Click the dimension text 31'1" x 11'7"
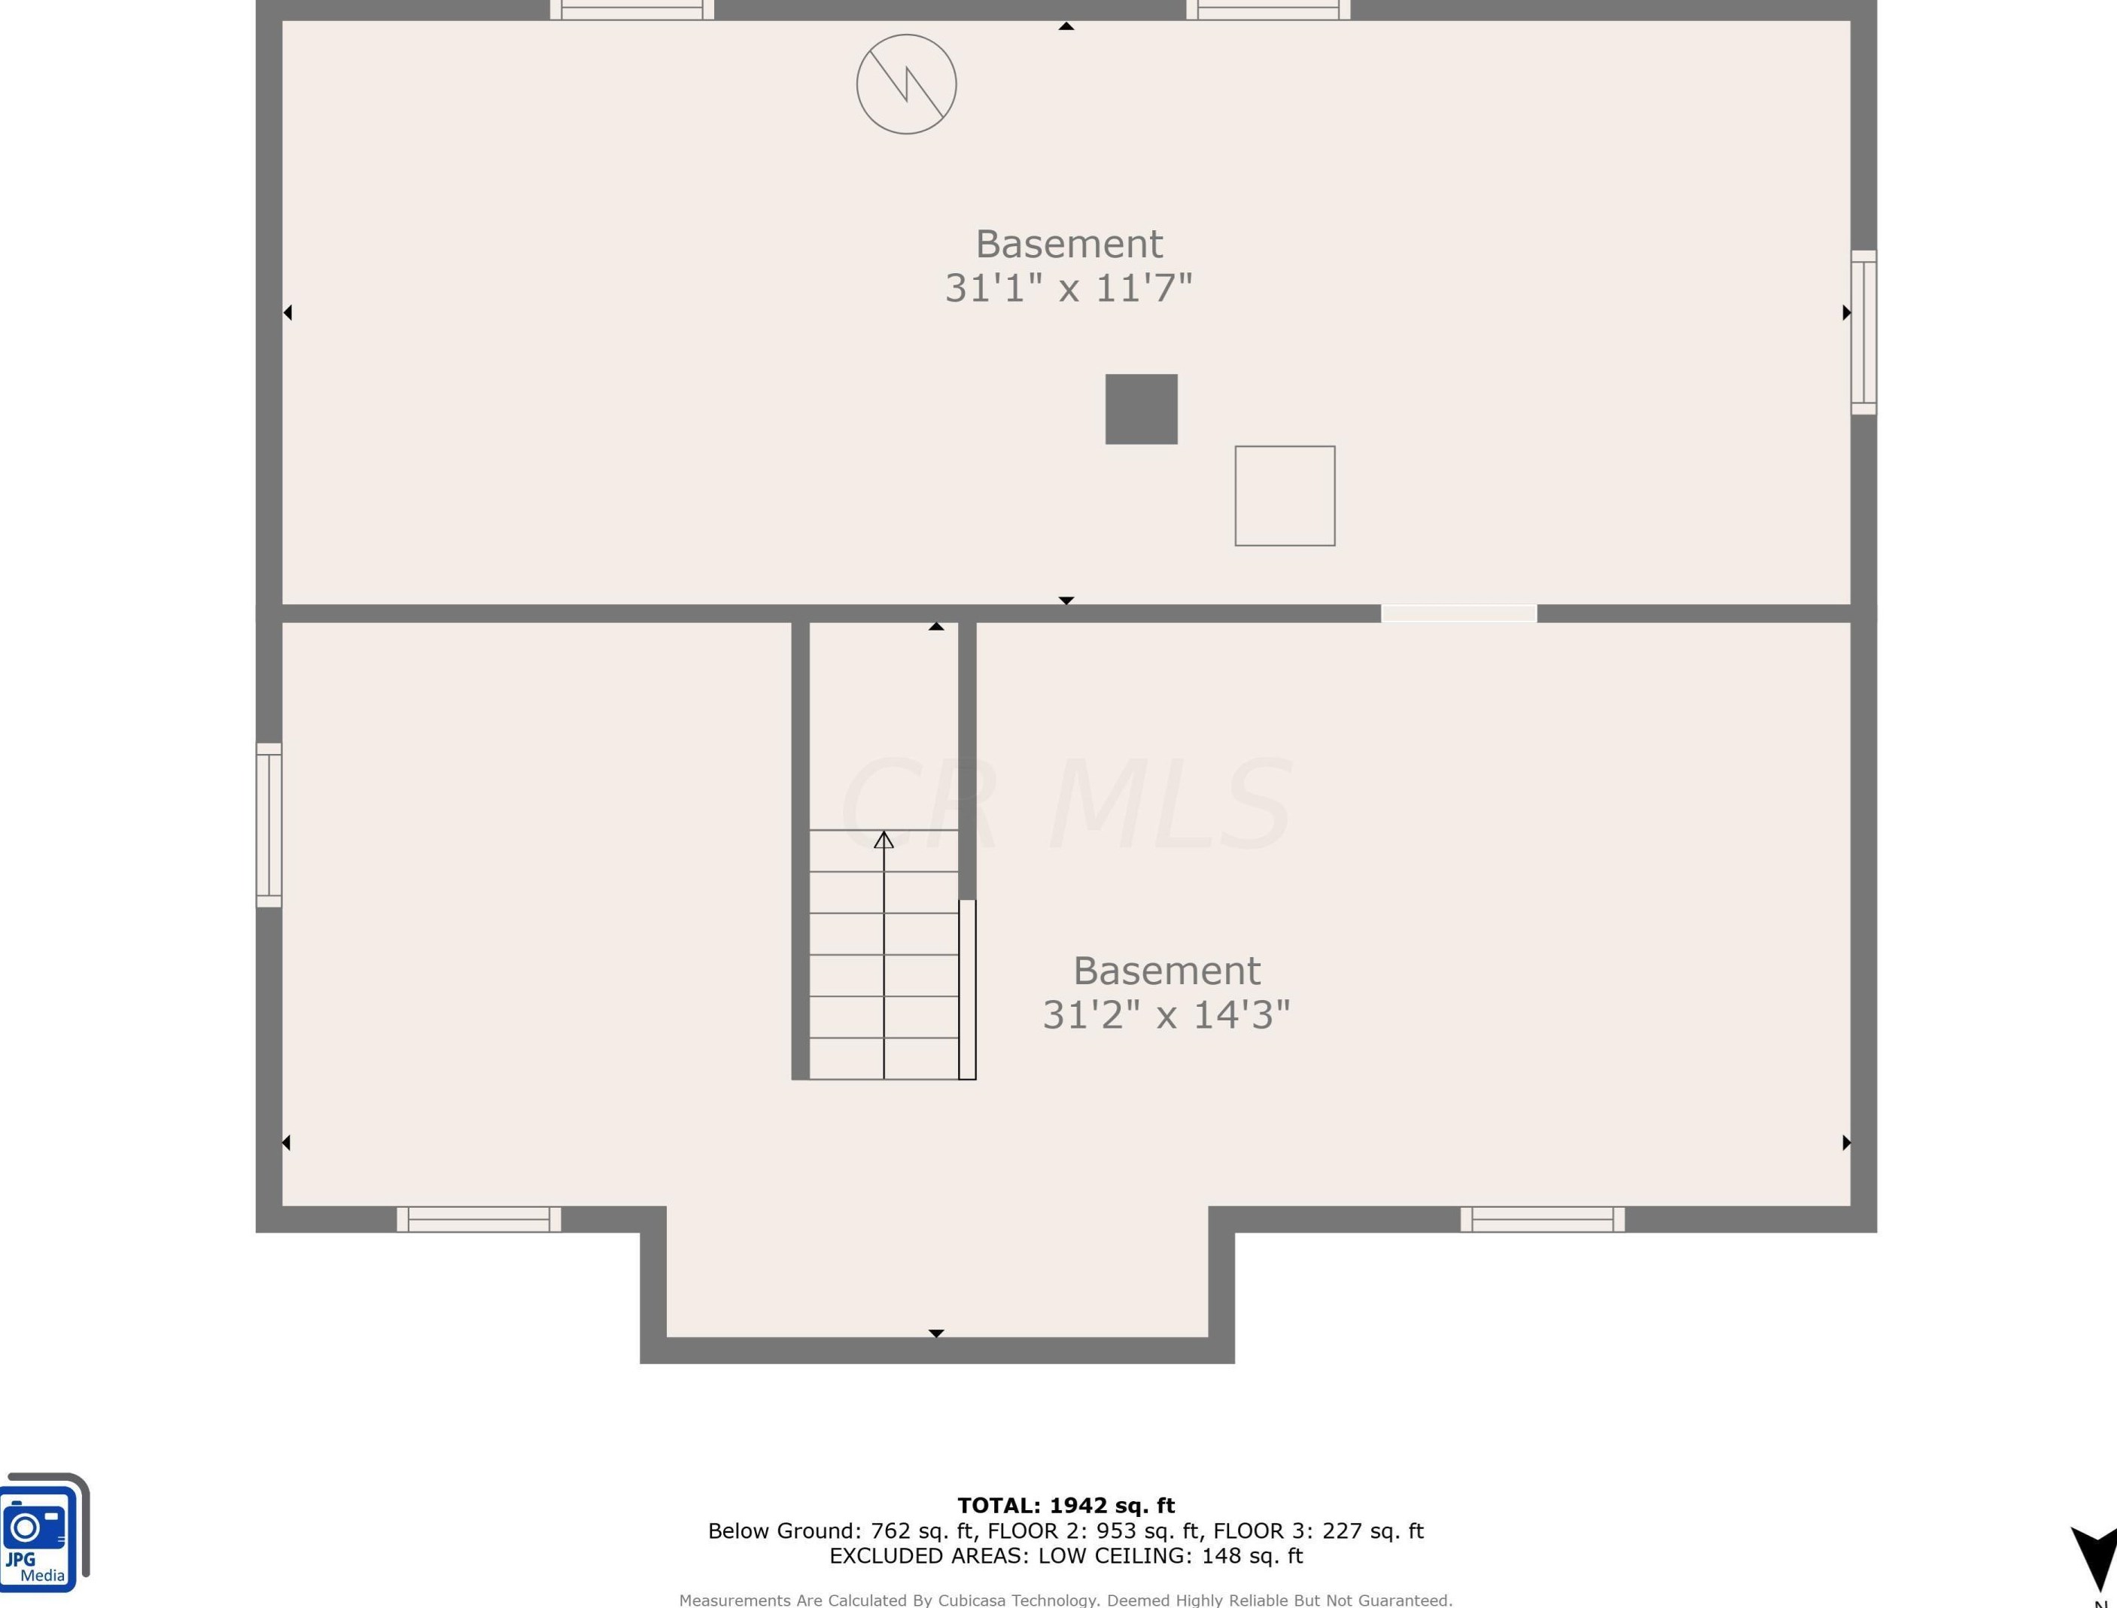1068,287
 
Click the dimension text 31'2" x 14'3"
1166,1014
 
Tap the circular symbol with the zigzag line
905,84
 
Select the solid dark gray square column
1141,409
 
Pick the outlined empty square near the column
1285,496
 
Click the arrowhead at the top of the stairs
884,840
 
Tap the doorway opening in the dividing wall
1458,613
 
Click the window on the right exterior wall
1863,332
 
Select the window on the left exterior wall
269,825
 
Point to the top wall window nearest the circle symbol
631,11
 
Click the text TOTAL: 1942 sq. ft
1066,1506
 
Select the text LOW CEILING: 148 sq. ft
1170,1555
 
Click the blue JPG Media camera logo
40,1533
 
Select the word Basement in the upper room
1068,244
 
